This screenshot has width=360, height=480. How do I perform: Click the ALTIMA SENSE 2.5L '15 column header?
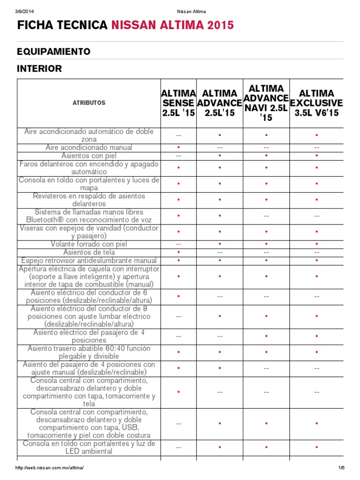coord(178,103)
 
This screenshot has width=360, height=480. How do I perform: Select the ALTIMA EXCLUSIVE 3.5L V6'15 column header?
coord(316,103)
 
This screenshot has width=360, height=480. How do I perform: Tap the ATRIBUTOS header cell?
coord(89,103)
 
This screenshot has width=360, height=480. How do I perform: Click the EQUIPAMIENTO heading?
coord(54,51)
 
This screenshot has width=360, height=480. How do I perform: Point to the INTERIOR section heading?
coord(39,69)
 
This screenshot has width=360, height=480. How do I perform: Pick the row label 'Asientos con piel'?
coord(89,156)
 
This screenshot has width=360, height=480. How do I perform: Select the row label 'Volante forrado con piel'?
coord(89,244)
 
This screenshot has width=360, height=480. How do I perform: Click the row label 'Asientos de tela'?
coord(89,253)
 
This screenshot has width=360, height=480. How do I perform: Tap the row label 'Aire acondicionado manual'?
coord(89,148)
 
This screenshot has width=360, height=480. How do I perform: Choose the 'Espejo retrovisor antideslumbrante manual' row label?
coord(89,261)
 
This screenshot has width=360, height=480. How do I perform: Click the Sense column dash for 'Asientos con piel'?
coord(179,156)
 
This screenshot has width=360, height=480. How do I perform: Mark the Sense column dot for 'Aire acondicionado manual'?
coord(179,148)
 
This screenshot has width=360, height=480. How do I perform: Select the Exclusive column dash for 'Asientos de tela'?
coord(316,253)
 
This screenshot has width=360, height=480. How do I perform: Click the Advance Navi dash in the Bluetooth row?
coord(266,216)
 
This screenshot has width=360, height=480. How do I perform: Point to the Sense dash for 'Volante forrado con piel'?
coord(179,244)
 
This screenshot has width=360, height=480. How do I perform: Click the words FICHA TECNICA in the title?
coord(62,25)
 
